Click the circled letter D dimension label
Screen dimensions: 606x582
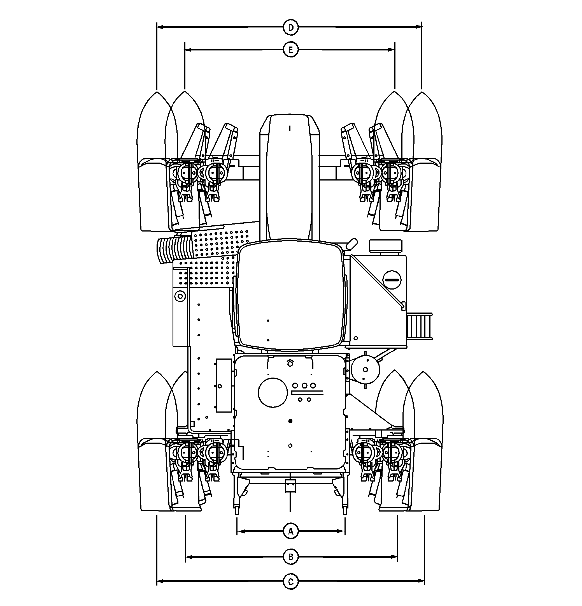[x=291, y=27]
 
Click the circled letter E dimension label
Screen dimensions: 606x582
[x=291, y=50]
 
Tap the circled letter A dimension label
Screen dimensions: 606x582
[x=291, y=531]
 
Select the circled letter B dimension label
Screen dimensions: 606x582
[x=291, y=557]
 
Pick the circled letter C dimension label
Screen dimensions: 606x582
[x=291, y=582]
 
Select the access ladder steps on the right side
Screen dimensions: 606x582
[x=420, y=326]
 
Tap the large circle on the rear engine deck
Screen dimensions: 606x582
[x=273, y=392]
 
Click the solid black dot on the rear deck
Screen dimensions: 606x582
[x=290, y=421]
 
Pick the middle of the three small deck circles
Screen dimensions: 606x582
[x=304, y=386]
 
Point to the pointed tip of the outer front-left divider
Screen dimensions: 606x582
[x=157, y=92]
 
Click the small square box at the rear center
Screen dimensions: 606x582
[x=290, y=486]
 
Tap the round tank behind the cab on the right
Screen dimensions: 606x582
[x=366, y=369]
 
